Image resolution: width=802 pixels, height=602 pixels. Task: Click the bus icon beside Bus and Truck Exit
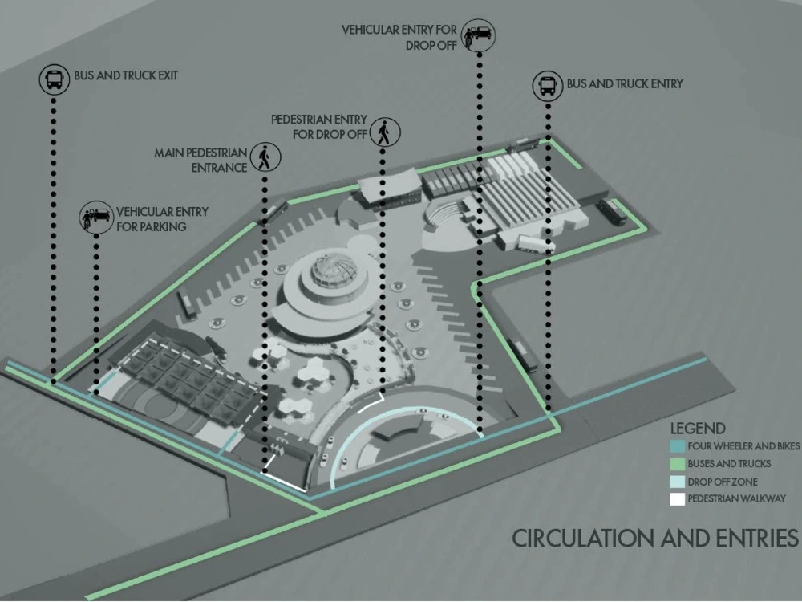tap(55, 79)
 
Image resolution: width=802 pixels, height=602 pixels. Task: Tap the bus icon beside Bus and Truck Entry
tap(548, 86)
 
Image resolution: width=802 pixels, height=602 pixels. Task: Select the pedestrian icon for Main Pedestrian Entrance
tap(265, 157)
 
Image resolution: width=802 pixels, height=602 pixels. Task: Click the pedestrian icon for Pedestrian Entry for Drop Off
tap(385, 132)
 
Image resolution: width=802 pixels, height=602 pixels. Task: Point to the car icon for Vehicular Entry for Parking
tap(96, 218)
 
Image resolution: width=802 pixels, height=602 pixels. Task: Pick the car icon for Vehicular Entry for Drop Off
tap(479, 35)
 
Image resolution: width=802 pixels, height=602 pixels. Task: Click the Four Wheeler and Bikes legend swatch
tap(677, 446)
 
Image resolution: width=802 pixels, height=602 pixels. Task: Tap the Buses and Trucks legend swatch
tap(677, 464)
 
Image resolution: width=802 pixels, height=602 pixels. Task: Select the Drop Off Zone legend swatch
tap(677, 482)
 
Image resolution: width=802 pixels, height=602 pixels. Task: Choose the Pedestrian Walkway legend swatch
tap(677, 499)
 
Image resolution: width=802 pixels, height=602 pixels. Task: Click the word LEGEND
tap(698, 429)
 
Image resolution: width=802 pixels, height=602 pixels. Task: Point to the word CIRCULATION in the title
tap(582, 539)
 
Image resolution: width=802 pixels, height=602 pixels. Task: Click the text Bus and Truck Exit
tap(126, 75)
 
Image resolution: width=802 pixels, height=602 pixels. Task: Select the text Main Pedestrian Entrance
tap(201, 161)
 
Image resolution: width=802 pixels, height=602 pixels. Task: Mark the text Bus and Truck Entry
tap(625, 84)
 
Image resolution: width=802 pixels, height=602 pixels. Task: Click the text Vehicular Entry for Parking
tap(162, 219)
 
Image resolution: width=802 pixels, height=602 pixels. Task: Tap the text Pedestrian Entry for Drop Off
tap(319, 127)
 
